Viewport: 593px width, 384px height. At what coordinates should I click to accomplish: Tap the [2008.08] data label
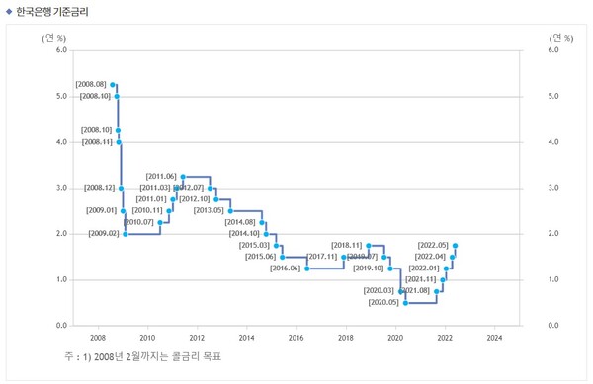(92, 86)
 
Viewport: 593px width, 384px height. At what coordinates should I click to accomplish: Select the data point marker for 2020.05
(405, 302)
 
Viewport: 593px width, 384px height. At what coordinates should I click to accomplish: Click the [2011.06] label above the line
(161, 176)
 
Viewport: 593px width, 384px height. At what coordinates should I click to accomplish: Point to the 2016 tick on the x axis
(296, 337)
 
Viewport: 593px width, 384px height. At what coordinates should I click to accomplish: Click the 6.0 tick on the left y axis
(61, 49)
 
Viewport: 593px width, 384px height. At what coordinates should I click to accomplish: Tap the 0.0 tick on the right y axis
(552, 325)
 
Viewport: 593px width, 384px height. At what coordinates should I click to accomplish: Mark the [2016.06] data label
(285, 268)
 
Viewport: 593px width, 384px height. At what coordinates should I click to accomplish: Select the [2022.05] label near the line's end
(433, 245)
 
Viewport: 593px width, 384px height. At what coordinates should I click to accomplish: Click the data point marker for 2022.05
(455, 245)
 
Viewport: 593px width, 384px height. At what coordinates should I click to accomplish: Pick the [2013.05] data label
(209, 210)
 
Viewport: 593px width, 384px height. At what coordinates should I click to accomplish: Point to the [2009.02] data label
(104, 233)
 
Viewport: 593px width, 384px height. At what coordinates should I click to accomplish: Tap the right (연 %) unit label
(560, 37)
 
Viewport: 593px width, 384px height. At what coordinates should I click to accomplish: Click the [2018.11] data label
(348, 245)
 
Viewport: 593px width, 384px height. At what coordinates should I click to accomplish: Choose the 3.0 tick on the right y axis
(552, 188)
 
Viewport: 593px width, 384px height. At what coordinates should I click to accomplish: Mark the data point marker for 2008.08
(113, 86)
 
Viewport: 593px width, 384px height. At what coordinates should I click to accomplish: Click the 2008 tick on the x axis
(98, 337)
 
